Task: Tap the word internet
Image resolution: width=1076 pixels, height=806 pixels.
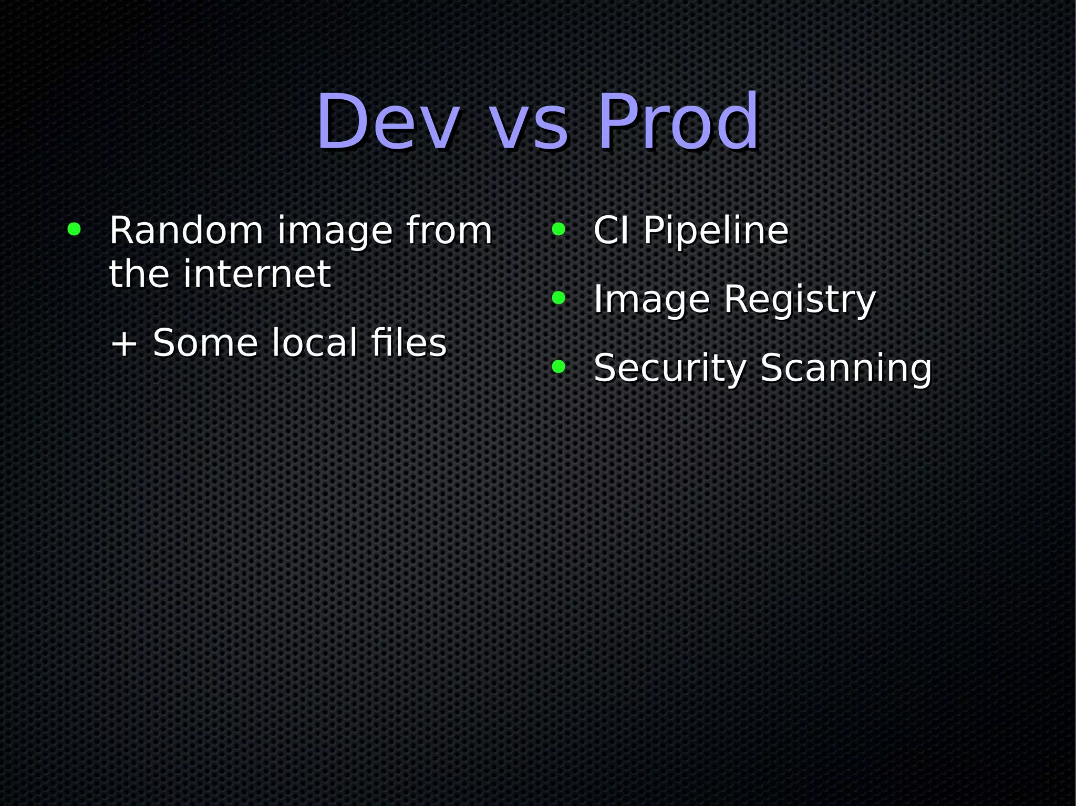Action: (x=257, y=274)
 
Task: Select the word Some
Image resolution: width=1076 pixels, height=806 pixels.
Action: (x=205, y=343)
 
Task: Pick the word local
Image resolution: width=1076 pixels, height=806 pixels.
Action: (x=315, y=343)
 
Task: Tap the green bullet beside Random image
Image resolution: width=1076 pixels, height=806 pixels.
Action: (x=74, y=229)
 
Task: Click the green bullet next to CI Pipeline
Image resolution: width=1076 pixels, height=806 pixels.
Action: (x=558, y=229)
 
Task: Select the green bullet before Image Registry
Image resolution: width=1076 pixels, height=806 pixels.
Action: (x=558, y=298)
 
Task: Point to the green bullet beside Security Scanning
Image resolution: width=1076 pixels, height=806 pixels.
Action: (x=558, y=367)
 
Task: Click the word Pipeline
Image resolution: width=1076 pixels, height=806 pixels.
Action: (x=716, y=231)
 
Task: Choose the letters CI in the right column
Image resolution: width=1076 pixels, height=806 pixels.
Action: (x=611, y=231)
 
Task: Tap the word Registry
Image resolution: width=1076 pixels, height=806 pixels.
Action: (x=800, y=300)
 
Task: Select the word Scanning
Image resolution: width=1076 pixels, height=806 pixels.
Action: (x=846, y=369)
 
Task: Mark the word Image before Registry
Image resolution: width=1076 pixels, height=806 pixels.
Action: (x=651, y=300)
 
